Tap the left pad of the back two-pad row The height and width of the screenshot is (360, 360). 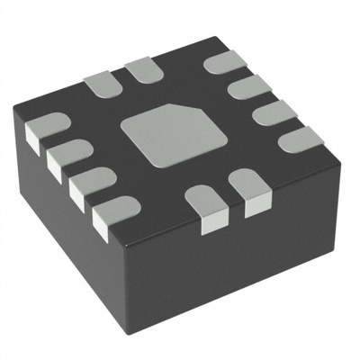[x=101, y=83]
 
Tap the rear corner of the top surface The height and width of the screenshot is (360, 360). [x=216, y=38]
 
